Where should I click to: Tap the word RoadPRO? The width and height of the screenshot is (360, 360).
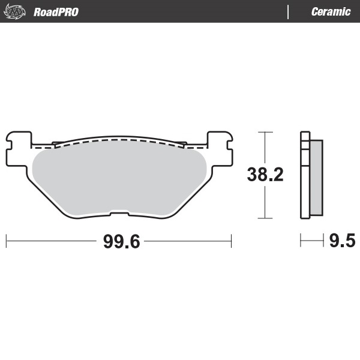click(x=56, y=12)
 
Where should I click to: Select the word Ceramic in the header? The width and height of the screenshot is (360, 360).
click(x=331, y=12)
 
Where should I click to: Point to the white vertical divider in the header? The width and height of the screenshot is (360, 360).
click(x=289, y=11)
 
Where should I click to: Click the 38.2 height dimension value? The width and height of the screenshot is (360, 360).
click(x=265, y=175)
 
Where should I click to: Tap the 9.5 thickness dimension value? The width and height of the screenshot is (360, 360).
click(x=342, y=241)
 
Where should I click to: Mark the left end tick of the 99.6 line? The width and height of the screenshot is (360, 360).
click(x=6, y=241)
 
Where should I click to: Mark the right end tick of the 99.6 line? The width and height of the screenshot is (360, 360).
click(x=232, y=241)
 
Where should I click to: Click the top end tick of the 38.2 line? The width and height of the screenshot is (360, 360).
click(x=264, y=131)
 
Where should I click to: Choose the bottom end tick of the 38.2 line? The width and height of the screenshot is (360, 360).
click(x=264, y=219)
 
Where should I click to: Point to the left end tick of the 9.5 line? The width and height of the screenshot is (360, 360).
click(x=301, y=241)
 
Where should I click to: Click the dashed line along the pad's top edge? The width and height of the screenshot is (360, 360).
click(x=120, y=140)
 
